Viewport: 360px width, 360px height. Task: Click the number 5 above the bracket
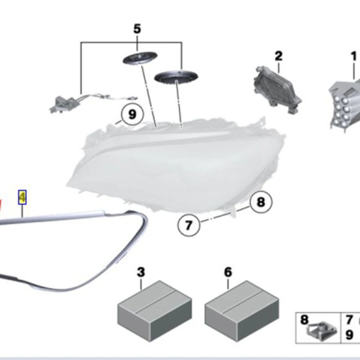[137, 29]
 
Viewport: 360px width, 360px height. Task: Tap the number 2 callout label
[278, 56]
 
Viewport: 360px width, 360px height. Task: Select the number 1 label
[354, 56]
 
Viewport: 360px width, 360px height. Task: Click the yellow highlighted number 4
[22, 197]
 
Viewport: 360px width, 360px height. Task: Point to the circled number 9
[132, 114]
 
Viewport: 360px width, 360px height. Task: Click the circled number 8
[261, 202]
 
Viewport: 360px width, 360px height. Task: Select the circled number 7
[188, 225]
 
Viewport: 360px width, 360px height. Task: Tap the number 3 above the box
[141, 272]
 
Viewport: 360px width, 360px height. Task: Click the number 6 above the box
[228, 272]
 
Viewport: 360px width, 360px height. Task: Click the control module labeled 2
[278, 90]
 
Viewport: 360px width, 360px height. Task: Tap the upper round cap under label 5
[141, 58]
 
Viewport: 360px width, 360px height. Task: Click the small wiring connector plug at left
[60, 104]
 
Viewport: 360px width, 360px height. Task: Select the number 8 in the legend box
[305, 320]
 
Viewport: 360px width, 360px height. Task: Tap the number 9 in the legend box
[349, 335]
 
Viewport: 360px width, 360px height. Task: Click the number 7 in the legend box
[349, 320]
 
